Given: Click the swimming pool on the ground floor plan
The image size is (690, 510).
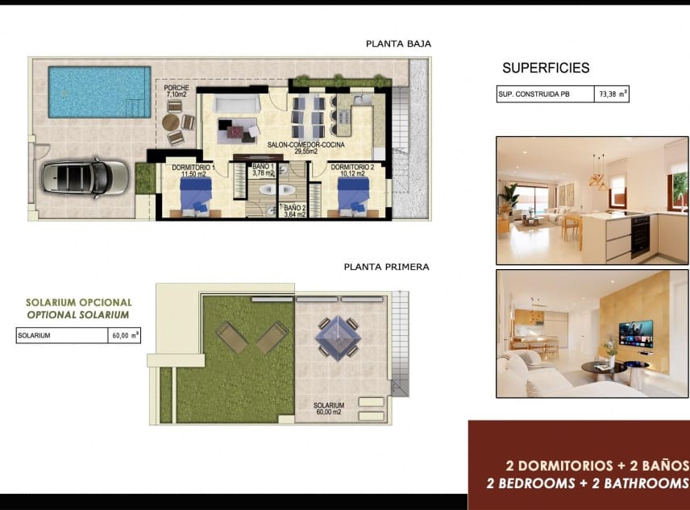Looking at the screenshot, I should pyautogui.click(x=94, y=91).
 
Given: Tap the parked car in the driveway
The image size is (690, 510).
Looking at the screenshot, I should pyautogui.click(x=85, y=176).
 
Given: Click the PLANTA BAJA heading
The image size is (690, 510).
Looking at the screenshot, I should pyautogui.click(x=398, y=44).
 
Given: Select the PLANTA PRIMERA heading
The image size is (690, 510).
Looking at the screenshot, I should pyautogui.click(x=386, y=267).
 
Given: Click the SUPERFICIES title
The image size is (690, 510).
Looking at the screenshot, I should pyautogui.click(x=546, y=68).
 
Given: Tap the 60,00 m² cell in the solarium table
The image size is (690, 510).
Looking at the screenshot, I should pyautogui.click(x=124, y=336).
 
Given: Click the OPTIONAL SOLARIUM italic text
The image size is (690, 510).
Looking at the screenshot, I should pyautogui.click(x=77, y=314).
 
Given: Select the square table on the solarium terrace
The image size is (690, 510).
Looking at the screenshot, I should pyautogui.click(x=336, y=337).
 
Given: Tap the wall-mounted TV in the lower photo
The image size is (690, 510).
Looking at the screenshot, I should pyautogui.click(x=635, y=332).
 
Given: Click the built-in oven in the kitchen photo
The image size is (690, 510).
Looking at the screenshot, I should pyautogui.click(x=640, y=237).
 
